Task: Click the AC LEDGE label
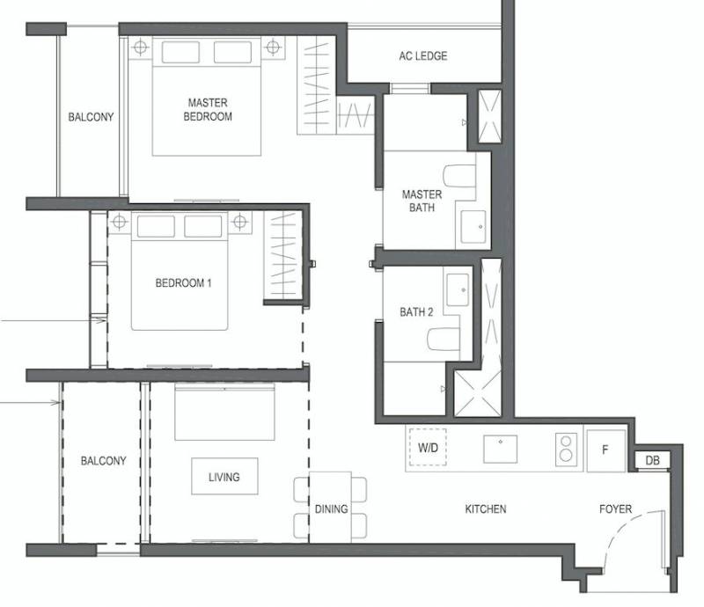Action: pos(423,56)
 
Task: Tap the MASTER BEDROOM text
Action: pos(208,110)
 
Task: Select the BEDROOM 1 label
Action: pos(183,283)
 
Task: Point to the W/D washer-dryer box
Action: pos(428,447)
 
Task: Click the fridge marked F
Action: pos(606,450)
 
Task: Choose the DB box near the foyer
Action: pos(652,460)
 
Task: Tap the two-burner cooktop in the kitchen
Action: pos(566,448)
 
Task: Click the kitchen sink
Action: pos(500,449)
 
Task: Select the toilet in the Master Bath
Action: pos(459,176)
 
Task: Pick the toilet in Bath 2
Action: pos(444,339)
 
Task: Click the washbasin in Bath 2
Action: pos(457,289)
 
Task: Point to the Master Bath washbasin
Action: pos(473,227)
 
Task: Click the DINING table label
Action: pos(332,509)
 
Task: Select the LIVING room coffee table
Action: pos(225,476)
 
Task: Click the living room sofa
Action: pos(224,412)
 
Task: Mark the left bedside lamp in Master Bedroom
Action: pos(141,47)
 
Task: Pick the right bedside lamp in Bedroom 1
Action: pos(240,222)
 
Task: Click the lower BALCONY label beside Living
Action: pos(103,461)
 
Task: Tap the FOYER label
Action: pos(615,509)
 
